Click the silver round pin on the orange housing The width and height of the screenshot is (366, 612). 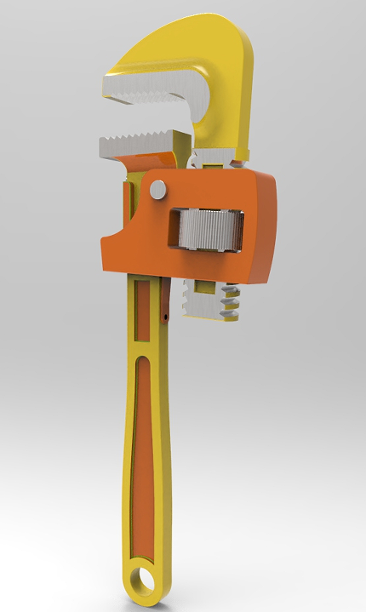(158, 190)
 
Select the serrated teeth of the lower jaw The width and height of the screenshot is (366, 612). (136, 143)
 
